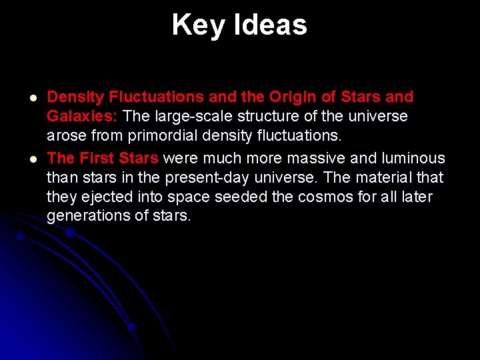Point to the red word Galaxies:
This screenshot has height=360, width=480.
click(x=82, y=117)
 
